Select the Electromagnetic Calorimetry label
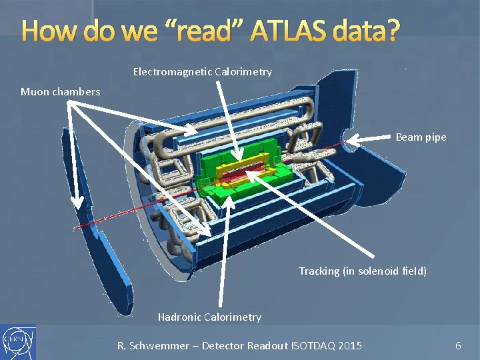pos(202,71)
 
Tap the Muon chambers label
pos(61,91)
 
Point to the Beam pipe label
pos(421,137)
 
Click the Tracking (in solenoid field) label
pos(362,271)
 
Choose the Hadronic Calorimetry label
pos(209,317)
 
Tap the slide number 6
pos(458,345)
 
